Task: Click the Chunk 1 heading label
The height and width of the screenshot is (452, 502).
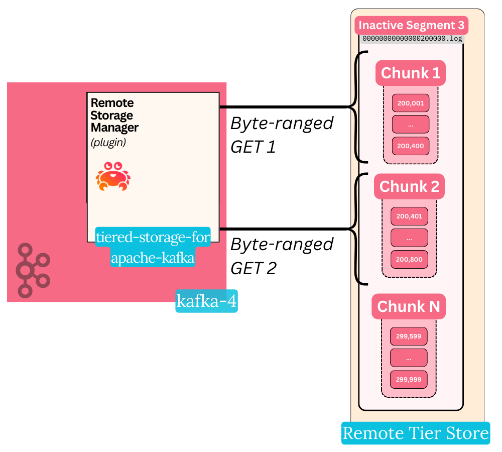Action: (411, 73)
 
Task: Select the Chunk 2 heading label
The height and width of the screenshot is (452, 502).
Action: (409, 187)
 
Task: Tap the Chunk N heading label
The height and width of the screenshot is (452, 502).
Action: (408, 307)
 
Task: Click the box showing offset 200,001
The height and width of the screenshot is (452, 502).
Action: (411, 103)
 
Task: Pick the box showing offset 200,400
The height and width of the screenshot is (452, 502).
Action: (411, 146)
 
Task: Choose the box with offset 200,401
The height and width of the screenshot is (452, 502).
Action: (409, 216)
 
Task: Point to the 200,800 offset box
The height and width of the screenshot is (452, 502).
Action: (409, 260)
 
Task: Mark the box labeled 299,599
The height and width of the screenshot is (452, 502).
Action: (408, 336)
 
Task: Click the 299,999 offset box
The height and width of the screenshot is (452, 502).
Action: (408, 379)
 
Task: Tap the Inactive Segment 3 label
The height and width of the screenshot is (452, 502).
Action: (412, 25)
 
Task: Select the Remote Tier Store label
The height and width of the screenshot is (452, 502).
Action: (416, 433)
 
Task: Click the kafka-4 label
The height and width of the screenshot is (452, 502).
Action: (206, 301)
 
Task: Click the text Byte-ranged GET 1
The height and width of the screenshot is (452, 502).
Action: (282, 135)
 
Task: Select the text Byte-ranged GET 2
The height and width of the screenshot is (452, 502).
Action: (282, 256)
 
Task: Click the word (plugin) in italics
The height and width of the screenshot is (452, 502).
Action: (108, 143)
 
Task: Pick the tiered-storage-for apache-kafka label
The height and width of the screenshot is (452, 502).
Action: (153, 248)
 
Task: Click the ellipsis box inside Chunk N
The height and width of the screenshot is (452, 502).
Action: (408, 358)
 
